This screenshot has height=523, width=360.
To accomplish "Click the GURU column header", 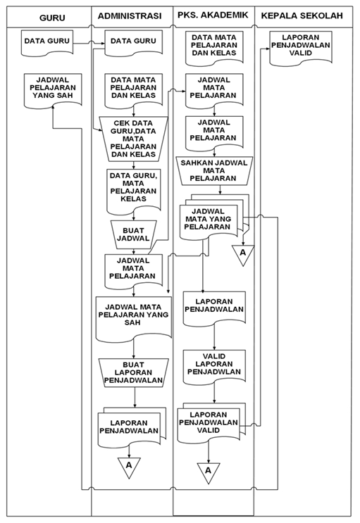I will (48, 16).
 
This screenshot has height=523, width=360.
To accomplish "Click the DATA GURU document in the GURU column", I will (47, 42).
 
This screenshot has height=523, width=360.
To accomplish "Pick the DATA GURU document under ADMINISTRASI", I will (132, 42).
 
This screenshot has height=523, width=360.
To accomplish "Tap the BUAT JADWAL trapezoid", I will (133, 234).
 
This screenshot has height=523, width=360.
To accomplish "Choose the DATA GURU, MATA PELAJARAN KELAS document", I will (133, 188).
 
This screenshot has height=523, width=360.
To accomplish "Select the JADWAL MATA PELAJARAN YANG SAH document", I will (132, 315).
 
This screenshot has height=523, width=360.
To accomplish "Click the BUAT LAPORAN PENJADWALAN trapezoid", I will (133, 371).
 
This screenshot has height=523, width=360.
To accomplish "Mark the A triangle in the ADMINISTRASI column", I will (129, 466).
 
